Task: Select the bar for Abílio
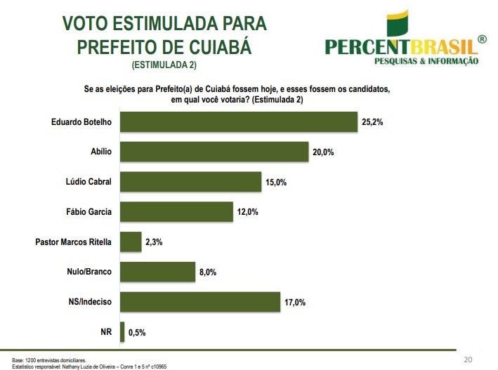(x=215, y=152)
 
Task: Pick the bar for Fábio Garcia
(x=176, y=211)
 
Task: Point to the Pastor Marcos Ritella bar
(x=131, y=242)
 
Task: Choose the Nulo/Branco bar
(x=157, y=272)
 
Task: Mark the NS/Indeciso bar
(x=200, y=302)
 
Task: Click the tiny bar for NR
(x=123, y=332)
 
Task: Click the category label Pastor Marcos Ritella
(x=74, y=242)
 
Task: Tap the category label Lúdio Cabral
(x=87, y=181)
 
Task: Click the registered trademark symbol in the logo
(x=481, y=41)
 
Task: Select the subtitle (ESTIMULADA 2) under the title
(x=164, y=65)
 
